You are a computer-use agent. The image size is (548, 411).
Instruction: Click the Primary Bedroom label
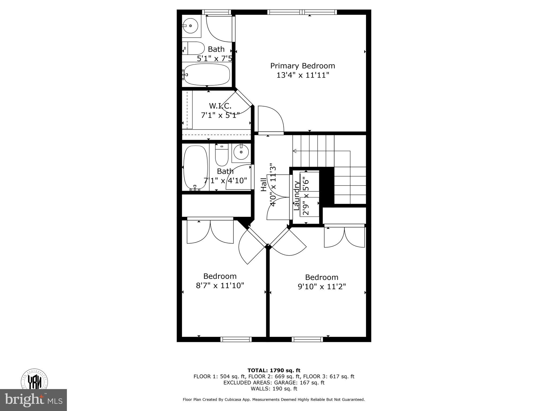302,66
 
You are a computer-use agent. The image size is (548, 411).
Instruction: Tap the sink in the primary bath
191,26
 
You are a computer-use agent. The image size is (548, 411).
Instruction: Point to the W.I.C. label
220,106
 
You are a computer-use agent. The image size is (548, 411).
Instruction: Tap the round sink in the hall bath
241,152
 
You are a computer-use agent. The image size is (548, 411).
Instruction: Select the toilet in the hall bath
222,157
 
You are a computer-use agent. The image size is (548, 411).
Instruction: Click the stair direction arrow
295,151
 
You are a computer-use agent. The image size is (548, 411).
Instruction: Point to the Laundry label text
296,196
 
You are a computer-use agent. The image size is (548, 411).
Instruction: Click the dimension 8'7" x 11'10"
220,286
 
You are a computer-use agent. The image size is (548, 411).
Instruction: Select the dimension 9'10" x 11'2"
322,287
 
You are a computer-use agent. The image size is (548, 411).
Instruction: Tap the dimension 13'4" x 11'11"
302,75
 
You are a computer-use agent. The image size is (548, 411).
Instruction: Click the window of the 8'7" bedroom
236,339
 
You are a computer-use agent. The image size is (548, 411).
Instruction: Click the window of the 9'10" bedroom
307,339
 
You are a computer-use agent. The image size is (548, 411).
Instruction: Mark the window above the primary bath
216,12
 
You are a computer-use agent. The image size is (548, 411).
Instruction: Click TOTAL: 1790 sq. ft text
274,371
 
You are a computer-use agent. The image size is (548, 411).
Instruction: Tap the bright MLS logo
33,400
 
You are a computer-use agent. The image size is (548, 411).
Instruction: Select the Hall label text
264,185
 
